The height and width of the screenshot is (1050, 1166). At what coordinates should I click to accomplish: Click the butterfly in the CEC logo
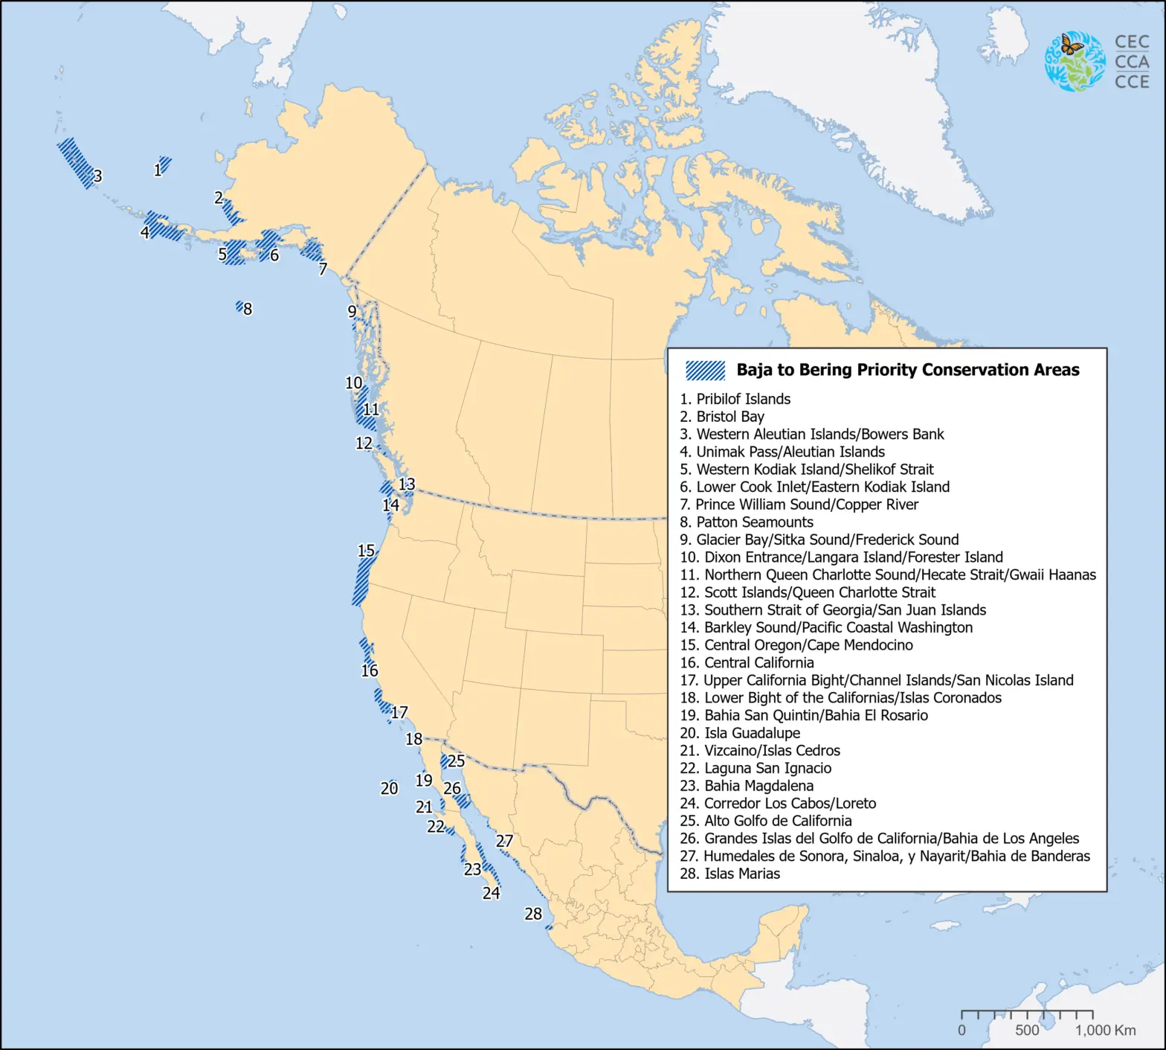(1071, 45)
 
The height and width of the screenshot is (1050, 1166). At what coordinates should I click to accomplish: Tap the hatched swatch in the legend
(705, 370)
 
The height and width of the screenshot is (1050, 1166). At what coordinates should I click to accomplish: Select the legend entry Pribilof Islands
(735, 399)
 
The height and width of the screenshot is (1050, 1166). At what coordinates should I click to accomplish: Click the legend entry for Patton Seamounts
(747, 522)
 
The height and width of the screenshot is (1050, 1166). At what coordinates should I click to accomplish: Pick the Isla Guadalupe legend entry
(740, 733)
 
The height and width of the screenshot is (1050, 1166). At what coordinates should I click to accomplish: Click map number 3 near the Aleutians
(97, 176)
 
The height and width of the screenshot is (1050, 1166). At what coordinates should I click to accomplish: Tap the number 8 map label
(248, 309)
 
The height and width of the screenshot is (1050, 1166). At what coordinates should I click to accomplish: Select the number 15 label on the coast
(366, 551)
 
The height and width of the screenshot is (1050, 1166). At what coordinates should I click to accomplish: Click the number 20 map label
(389, 789)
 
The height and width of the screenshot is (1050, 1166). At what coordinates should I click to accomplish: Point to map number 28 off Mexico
(533, 914)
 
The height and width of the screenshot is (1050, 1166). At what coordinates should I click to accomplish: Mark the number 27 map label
(504, 841)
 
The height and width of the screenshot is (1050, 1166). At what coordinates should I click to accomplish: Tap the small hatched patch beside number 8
(239, 306)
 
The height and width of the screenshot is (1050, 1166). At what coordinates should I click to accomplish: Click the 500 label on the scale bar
(1027, 1031)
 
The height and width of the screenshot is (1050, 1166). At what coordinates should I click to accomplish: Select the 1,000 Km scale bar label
(1105, 1031)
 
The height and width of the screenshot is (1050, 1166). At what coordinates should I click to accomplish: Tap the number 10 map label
(353, 382)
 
